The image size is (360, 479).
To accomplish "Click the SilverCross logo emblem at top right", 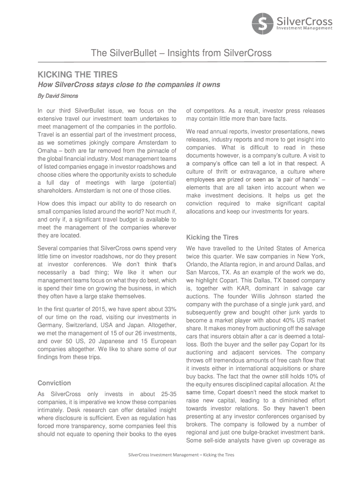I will coord(262,24).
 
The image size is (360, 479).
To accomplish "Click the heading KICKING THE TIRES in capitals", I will coord(78,74).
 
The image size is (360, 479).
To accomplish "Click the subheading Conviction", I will coord(54,383).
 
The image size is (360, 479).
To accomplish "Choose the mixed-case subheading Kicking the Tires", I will coord(212,237).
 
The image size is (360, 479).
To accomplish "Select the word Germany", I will coord(50,325).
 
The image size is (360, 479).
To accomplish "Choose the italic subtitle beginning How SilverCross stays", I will coord(122,85).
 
